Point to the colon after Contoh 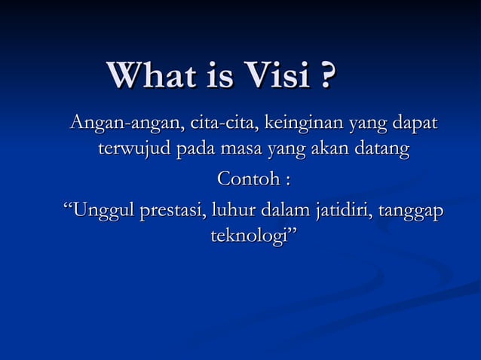(287, 181)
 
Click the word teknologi (250, 238)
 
